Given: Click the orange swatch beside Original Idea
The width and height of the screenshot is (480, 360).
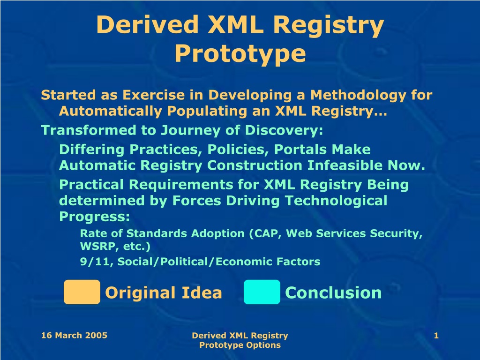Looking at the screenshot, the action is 82,292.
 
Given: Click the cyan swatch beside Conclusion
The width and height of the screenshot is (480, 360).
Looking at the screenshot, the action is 262,292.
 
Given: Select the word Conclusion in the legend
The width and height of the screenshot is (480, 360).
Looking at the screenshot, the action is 333,292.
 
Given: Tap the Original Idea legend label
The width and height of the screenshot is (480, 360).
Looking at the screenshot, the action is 164,292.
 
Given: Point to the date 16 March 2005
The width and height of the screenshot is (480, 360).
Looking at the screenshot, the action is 74,335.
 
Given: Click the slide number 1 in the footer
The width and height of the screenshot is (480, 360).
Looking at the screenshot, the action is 436,336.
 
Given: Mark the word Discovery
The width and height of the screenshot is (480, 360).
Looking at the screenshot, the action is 284,130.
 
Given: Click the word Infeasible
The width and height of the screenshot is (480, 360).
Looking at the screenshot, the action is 345,165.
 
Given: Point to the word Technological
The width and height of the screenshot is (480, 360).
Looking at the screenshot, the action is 336,201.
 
